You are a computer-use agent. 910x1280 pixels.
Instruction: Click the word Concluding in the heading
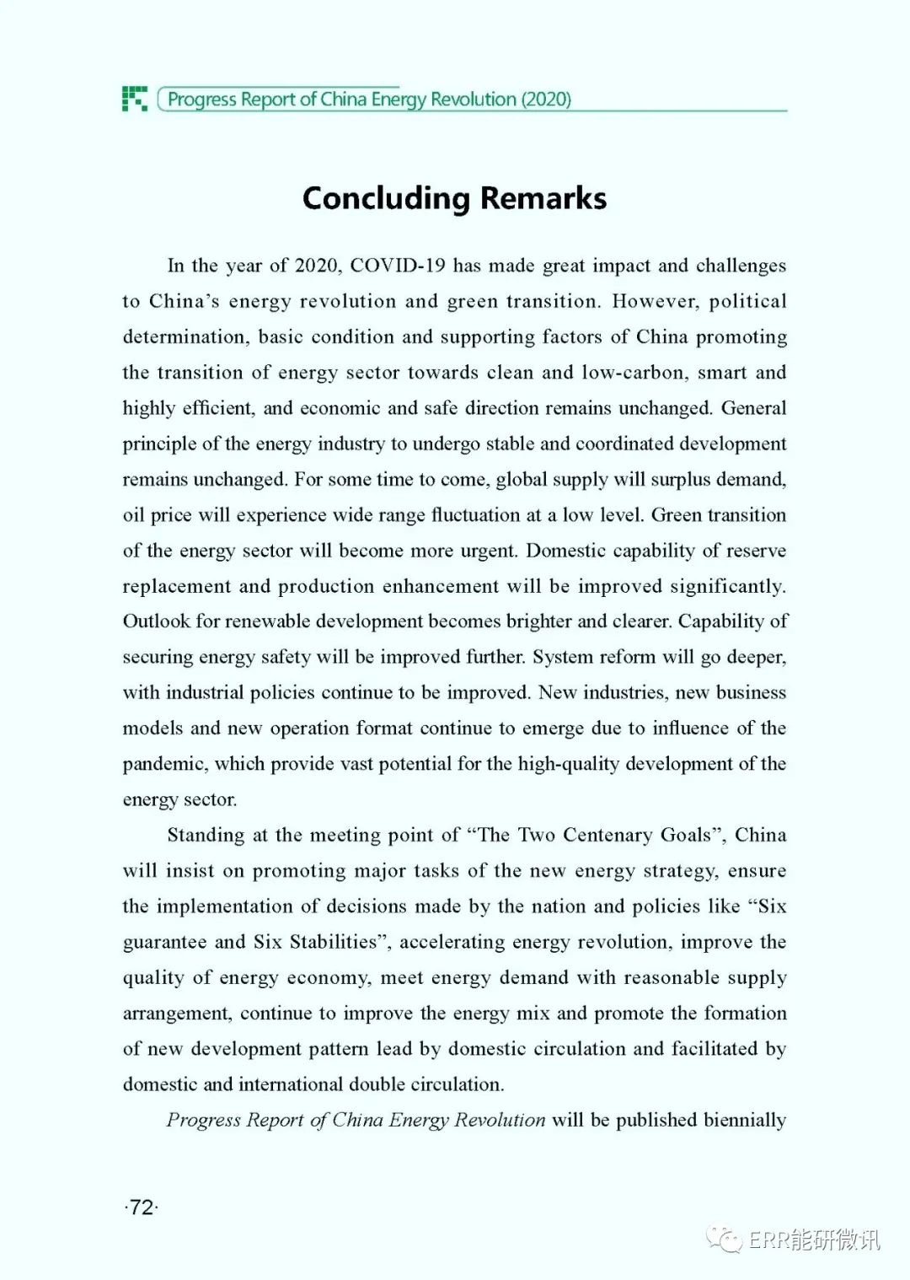pos(385,199)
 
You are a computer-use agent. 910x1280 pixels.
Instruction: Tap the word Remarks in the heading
pos(543,199)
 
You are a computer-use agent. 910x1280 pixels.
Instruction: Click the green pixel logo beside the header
pos(135,99)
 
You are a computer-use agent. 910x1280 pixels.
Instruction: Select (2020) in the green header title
pos(546,99)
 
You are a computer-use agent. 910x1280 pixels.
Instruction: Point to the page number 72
pos(142,1207)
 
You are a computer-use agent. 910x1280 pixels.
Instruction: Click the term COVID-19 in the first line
pos(397,266)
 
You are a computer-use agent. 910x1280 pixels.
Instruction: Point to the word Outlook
pos(157,621)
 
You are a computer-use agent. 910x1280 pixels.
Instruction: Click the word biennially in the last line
pos(745,1120)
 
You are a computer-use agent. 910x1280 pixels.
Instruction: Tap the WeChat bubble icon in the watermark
pos(724,1239)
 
